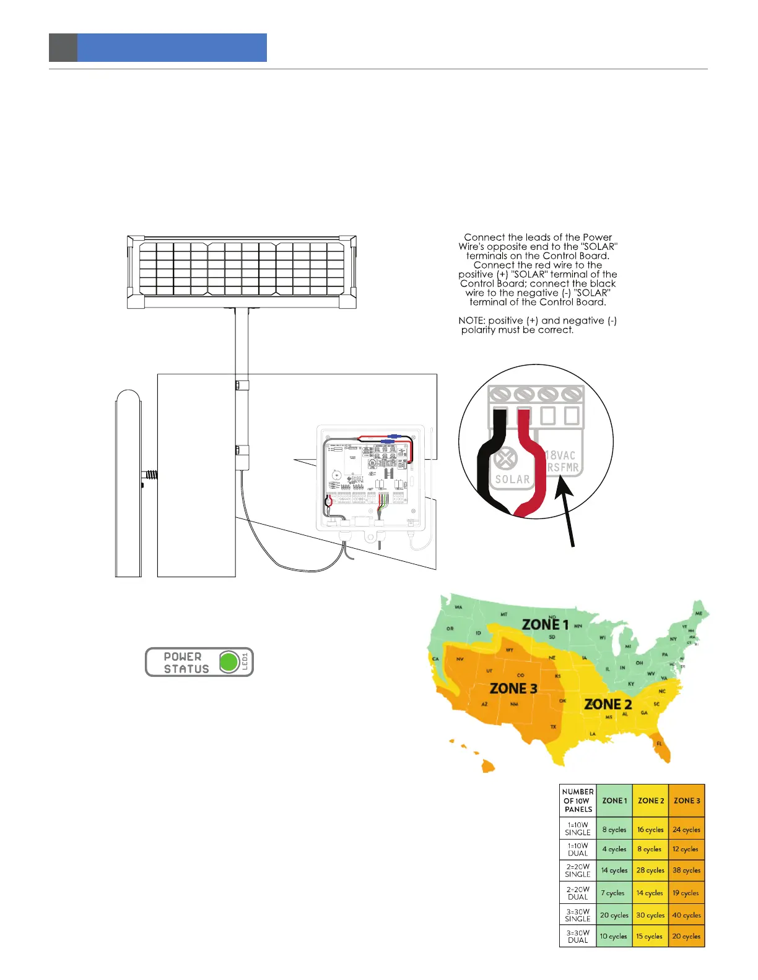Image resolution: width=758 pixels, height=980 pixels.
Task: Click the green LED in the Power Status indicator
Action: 229,662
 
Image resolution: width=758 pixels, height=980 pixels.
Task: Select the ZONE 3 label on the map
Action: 513,688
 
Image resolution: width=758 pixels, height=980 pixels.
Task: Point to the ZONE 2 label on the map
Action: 608,704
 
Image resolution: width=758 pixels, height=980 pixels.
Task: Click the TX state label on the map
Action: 553,727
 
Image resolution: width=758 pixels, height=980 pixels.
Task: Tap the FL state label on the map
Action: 660,744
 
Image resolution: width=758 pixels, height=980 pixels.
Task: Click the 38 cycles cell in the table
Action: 687,870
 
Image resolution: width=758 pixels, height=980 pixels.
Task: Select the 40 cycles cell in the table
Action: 687,915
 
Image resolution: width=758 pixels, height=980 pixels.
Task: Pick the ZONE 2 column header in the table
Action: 651,801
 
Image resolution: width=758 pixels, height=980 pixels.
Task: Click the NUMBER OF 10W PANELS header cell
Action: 578,801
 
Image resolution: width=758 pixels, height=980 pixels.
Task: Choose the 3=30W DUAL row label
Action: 578,936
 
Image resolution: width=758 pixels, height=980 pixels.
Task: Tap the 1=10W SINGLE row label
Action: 578,828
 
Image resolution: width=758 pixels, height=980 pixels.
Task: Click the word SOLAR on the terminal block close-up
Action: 512,479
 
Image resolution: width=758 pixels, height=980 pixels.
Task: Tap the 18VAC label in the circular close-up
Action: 560,455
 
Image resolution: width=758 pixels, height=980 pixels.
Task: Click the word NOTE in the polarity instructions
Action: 471,320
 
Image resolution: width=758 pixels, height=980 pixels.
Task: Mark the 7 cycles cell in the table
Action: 614,893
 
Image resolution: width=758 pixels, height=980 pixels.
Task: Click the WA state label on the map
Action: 459,607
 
